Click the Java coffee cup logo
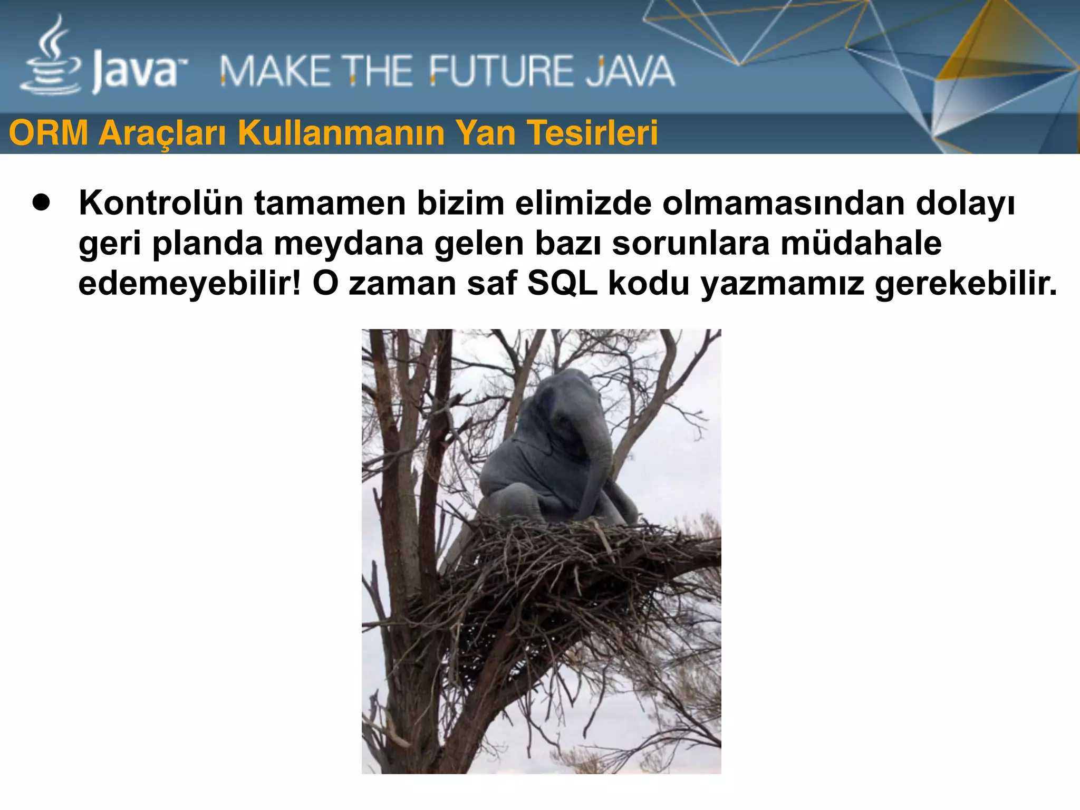[52, 58]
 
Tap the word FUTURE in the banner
[498, 72]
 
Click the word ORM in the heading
[49, 133]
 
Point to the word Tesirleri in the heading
[593, 133]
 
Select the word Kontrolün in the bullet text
[161, 203]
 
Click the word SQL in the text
[562, 283]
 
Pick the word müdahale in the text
[861, 243]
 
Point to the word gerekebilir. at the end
[966, 284]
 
